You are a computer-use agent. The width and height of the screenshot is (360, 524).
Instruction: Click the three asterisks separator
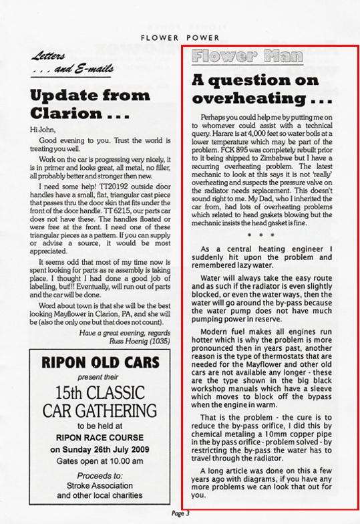pos(271,217)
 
